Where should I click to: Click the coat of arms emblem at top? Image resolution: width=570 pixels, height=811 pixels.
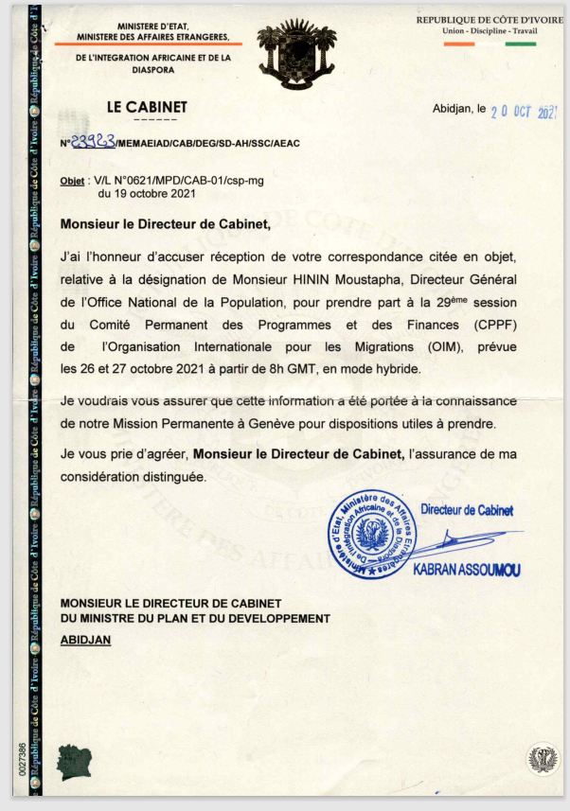tap(297, 56)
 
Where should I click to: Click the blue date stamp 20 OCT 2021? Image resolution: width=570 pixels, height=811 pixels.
tap(524, 111)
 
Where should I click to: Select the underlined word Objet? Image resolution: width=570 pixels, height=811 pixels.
tap(72, 180)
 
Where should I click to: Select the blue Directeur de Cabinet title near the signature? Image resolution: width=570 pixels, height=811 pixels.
tap(467, 510)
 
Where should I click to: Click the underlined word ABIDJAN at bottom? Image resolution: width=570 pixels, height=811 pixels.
tap(85, 640)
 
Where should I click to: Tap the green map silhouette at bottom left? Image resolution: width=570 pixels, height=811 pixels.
tap(73, 758)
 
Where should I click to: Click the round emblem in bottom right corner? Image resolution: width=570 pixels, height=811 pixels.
tap(542, 759)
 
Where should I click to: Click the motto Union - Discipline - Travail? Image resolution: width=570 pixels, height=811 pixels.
tap(489, 31)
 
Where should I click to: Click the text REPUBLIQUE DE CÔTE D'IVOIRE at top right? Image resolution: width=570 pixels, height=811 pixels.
tap(489, 20)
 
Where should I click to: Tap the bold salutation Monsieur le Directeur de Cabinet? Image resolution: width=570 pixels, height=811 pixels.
tap(165, 225)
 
